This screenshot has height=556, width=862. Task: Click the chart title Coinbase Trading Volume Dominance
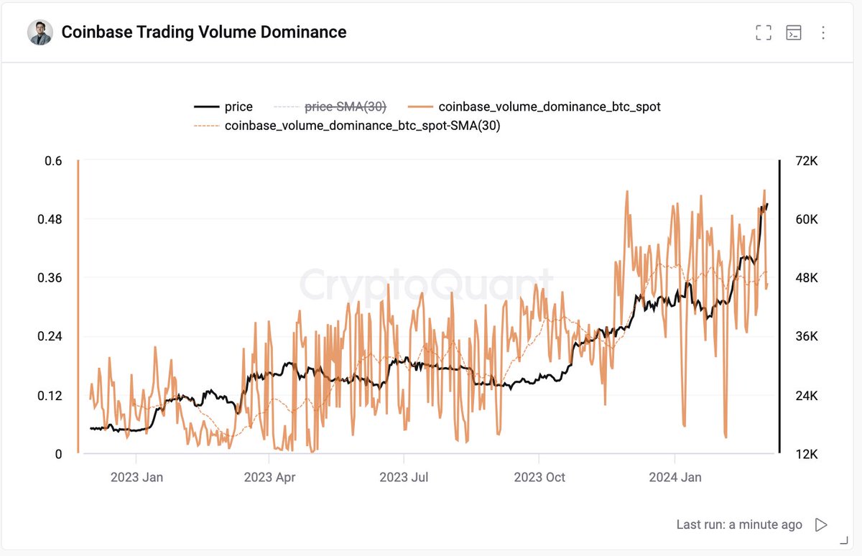click(x=204, y=32)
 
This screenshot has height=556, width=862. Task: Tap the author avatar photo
click(x=40, y=32)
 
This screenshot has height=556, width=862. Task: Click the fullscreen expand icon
click(x=764, y=32)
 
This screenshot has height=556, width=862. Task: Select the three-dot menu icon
click(x=823, y=32)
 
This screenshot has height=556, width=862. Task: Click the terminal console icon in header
click(x=794, y=32)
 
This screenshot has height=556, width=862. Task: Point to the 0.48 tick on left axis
click(x=50, y=219)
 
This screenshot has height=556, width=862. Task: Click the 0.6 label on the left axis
click(x=55, y=161)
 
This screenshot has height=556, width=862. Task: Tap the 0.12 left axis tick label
click(x=50, y=396)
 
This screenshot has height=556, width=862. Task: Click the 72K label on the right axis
click(x=803, y=161)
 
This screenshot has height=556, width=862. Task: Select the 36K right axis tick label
click(x=803, y=337)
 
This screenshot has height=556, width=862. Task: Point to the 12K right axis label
click(x=803, y=454)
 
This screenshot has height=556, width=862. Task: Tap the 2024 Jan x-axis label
click(x=675, y=477)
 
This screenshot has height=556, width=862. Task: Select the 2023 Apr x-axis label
click(x=270, y=477)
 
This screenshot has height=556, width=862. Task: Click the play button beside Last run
click(x=821, y=524)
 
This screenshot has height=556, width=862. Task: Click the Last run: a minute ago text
click(x=739, y=524)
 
